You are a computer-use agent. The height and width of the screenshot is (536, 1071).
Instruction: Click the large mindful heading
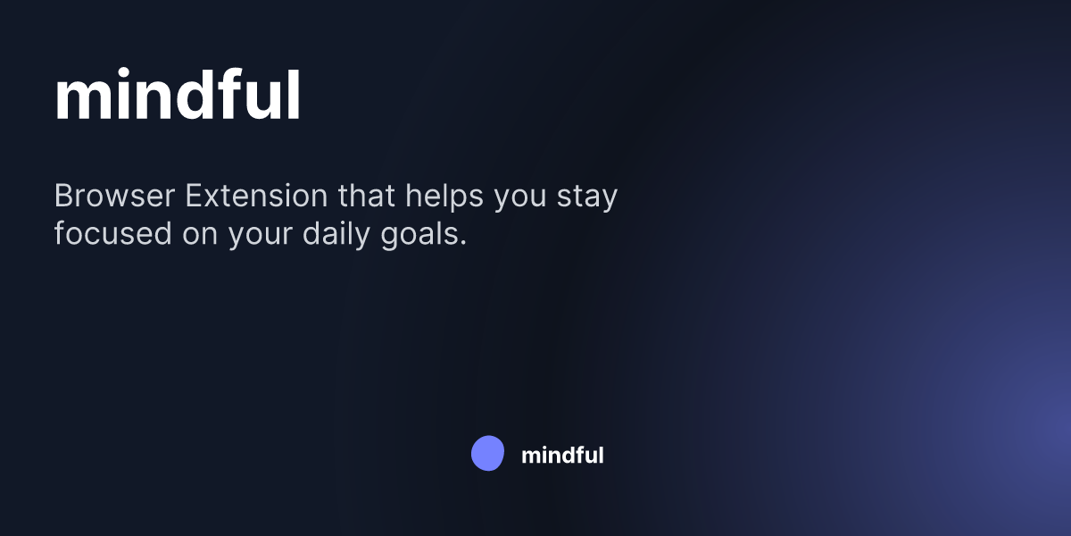(178, 96)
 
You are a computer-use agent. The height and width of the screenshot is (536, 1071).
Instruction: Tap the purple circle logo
(487, 454)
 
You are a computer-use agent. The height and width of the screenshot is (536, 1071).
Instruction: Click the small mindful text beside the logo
(562, 455)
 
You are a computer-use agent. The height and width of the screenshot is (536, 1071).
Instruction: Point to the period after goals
(463, 244)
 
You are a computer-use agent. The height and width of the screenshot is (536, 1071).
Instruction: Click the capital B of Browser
(64, 196)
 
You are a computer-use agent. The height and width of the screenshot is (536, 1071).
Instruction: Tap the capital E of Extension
(194, 196)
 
